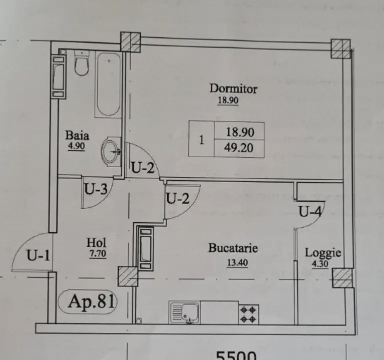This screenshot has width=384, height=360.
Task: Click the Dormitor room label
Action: pos(233,89)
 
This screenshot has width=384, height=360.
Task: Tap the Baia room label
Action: pos(77,135)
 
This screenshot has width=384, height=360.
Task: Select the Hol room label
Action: pos(96,243)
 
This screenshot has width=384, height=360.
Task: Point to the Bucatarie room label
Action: pos(233,248)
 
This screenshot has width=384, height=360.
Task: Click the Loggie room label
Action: pos(323,253)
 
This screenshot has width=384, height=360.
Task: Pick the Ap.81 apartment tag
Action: pos(91,302)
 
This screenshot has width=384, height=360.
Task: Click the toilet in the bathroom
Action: pos(82,63)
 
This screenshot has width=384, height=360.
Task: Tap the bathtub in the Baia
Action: pos(109,84)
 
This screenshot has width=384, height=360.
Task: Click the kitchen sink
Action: pos(184,313)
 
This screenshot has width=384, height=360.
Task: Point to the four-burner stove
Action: pos(249,315)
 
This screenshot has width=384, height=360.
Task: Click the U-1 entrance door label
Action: pos(38,255)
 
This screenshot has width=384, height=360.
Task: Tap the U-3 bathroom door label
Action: pos(96,189)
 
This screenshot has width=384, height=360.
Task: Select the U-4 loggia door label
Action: pos(310,211)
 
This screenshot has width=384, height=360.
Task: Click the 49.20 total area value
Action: pos(239,148)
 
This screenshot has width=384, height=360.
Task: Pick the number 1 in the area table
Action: pos(202,140)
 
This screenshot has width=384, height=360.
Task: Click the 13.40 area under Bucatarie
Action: pos(237,263)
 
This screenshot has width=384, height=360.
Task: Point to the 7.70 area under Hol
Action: pos(98,254)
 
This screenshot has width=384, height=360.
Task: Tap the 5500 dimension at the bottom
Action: pos(236,356)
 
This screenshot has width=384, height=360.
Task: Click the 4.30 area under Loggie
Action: pos(320,264)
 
